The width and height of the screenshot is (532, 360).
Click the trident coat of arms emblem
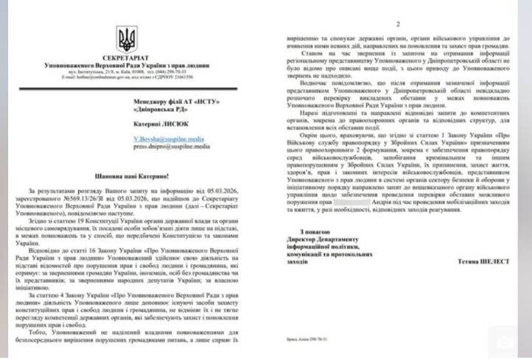[x=126, y=38]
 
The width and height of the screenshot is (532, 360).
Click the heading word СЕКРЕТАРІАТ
[x=127, y=58]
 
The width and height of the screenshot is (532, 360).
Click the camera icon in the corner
[x=506, y=342]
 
